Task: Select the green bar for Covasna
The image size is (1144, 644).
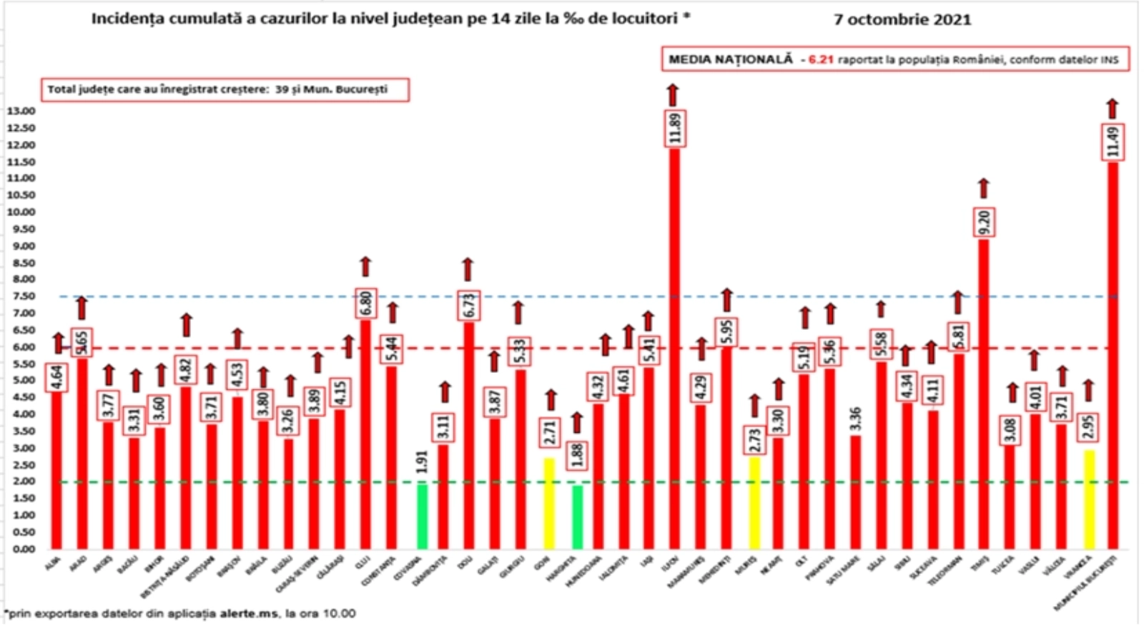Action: [x=422, y=515]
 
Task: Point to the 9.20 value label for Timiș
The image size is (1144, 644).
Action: [x=984, y=223]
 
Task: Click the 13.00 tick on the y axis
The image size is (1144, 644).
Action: [x=21, y=111]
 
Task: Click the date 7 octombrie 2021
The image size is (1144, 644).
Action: [x=902, y=19]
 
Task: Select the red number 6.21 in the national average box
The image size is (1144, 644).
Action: [x=821, y=60]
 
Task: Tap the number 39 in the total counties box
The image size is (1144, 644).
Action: [x=282, y=89]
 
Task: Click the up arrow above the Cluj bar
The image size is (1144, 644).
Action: [x=365, y=266]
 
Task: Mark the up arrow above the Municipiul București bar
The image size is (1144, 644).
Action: [x=1112, y=108]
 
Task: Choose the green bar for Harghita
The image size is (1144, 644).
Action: [x=576, y=517]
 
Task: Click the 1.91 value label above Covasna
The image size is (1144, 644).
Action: [x=422, y=462]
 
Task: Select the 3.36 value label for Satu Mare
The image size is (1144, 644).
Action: [x=855, y=419]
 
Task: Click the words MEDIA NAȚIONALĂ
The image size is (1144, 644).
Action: [x=730, y=59]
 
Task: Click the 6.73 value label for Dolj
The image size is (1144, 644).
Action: [x=469, y=306]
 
